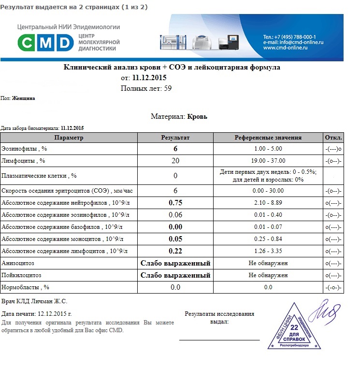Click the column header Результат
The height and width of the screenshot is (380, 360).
(175, 138)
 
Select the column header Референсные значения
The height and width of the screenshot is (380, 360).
(268, 138)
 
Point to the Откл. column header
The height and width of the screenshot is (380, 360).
(333, 138)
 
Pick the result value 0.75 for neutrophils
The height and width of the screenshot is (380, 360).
(175, 203)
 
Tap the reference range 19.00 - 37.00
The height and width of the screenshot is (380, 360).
(268, 161)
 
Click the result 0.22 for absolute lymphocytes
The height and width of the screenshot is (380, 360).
(175, 251)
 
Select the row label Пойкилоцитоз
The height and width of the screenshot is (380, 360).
(22, 275)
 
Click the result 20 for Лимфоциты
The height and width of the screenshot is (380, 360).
(175, 161)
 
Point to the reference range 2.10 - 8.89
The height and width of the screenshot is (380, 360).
(268, 203)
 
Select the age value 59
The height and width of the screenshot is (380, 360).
(168, 88)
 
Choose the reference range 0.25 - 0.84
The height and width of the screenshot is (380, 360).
(268, 239)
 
